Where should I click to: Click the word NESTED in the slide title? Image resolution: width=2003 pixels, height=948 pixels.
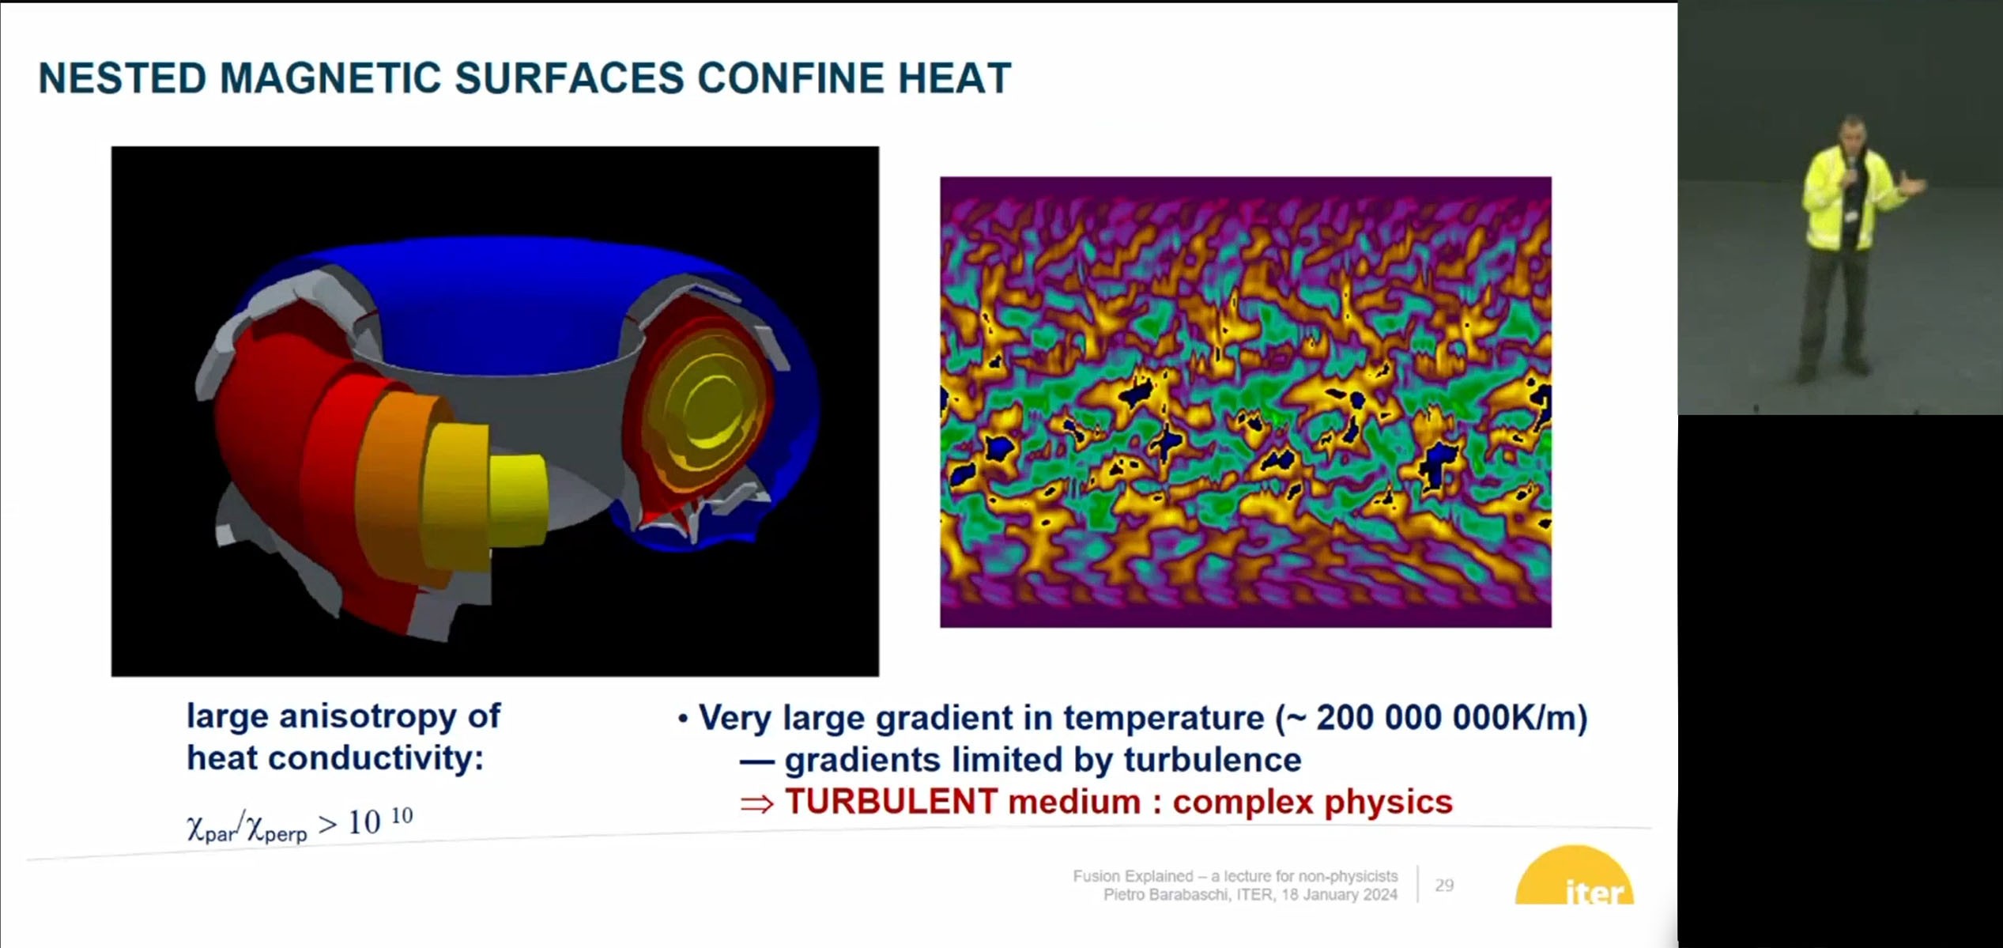(123, 78)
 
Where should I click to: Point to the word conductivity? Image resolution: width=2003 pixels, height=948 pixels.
(375, 758)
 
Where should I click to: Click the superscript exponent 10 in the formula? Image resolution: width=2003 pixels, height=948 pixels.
(402, 815)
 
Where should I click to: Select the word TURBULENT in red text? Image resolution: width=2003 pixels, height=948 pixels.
(891, 802)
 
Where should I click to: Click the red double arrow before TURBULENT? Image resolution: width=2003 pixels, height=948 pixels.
(756, 804)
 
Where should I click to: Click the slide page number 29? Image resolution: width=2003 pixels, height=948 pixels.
(1444, 885)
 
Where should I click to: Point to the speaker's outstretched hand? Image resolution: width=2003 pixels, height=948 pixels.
(1917, 187)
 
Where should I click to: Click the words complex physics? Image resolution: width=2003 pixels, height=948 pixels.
(1313, 802)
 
